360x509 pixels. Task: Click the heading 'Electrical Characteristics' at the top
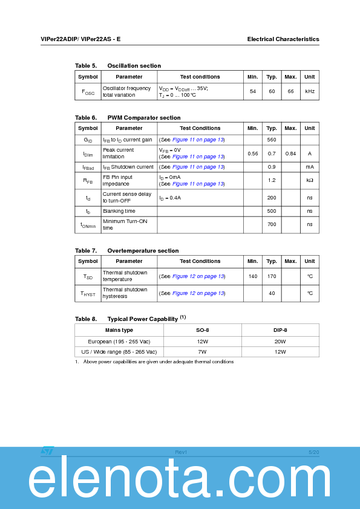(283, 39)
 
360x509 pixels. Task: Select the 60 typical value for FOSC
(272, 91)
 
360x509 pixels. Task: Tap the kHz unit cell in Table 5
(309, 91)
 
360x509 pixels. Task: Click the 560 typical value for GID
(272, 140)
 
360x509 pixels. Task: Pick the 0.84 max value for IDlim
(290, 154)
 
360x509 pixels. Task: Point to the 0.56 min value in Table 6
(253, 154)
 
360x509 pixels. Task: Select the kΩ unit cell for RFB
(309, 180)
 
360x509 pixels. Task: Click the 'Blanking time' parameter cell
(119, 211)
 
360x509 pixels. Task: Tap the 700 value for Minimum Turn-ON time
(272, 224)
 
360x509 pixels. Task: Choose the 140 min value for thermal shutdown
(253, 276)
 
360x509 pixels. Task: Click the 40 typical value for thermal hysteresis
(272, 293)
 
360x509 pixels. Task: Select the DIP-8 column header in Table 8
(280, 330)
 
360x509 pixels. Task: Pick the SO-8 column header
(202, 330)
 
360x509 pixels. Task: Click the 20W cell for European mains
(280, 341)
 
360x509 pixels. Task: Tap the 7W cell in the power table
(202, 351)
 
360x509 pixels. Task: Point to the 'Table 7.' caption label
(86, 250)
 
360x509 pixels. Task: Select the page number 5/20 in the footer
(313, 452)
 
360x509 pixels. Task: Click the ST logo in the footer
(48, 451)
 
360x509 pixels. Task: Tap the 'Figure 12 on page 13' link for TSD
(198, 276)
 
